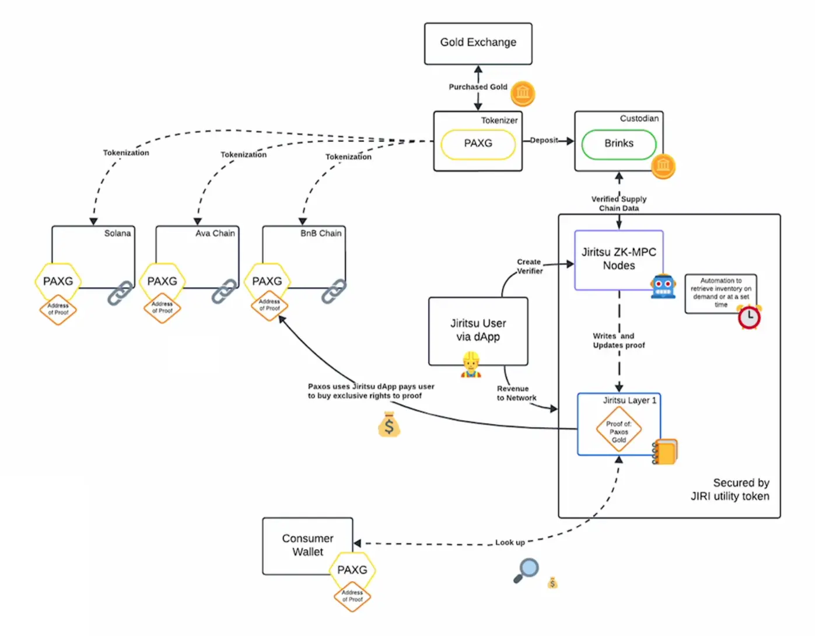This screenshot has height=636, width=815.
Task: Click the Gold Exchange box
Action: click(x=478, y=43)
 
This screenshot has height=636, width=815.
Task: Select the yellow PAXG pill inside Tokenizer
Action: click(x=478, y=144)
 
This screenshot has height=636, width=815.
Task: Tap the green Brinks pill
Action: click(x=618, y=144)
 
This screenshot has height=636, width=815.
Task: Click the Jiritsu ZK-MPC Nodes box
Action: click(x=618, y=259)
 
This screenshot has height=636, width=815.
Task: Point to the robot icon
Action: click(x=663, y=286)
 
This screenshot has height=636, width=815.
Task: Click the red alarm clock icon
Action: click(x=749, y=317)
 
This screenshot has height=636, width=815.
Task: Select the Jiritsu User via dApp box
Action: click(x=478, y=330)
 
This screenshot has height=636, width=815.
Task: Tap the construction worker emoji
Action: click(x=471, y=366)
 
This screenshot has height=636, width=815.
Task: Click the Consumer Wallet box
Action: click(x=307, y=545)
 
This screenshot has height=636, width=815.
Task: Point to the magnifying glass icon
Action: click(x=526, y=570)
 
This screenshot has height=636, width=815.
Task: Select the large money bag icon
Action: click(x=389, y=425)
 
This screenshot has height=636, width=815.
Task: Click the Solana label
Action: click(x=117, y=233)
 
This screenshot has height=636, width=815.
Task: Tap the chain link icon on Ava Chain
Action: click(x=224, y=292)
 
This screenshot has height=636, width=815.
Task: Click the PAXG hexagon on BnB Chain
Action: click(x=267, y=281)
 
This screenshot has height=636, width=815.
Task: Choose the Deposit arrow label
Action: click(x=544, y=140)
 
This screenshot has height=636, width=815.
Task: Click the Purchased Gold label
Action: click(x=478, y=87)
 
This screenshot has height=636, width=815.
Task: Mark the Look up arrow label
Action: click(x=510, y=543)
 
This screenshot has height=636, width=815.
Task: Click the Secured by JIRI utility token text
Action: click(x=730, y=490)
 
